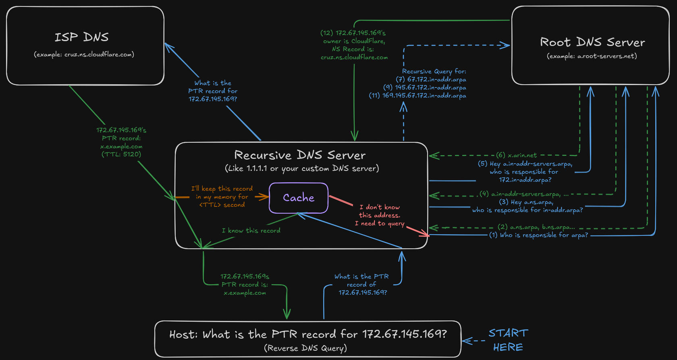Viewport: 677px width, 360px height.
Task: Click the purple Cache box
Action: point(299,198)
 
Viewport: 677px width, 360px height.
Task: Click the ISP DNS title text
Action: point(82,37)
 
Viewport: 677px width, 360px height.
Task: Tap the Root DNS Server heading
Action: point(592,42)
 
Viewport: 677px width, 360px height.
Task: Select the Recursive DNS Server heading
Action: point(300,155)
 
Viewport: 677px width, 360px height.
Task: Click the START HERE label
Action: point(508,340)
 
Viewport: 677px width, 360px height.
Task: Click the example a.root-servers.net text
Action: point(592,56)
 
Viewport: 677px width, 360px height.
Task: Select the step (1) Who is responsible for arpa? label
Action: point(538,235)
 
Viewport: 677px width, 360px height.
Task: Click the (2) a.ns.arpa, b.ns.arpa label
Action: point(536,227)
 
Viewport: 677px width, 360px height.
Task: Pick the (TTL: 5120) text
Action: point(121,154)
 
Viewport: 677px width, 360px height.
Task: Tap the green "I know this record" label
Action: point(251,231)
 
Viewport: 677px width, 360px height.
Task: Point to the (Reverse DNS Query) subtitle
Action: point(305,348)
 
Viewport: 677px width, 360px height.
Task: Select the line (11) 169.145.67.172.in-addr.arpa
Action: point(417,96)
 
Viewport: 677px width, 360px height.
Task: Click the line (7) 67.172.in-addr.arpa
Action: point(431,79)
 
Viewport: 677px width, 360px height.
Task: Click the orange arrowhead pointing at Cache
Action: point(265,197)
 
